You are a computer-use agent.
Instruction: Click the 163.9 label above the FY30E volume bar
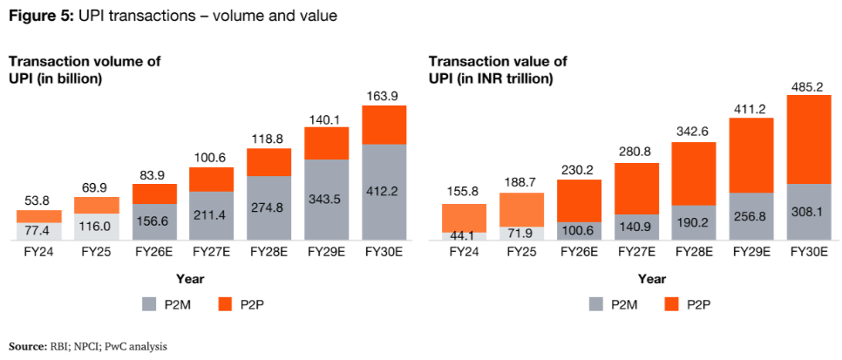(x=384, y=95)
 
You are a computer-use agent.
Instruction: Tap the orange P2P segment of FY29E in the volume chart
(x=327, y=143)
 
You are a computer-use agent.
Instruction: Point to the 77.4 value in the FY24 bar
(x=38, y=230)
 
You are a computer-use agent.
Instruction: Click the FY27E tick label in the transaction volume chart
(x=212, y=253)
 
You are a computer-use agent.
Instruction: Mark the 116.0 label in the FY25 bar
(x=96, y=225)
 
